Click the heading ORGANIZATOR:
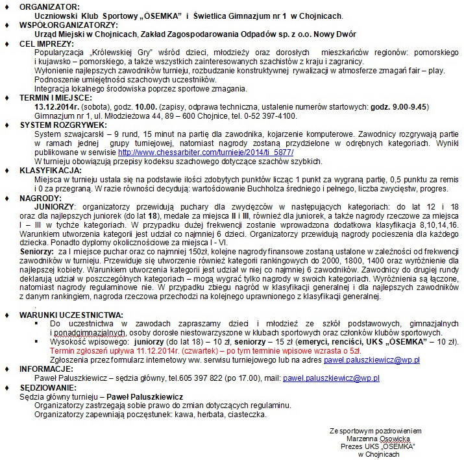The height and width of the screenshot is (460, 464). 45,6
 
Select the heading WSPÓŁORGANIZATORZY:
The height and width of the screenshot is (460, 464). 62,25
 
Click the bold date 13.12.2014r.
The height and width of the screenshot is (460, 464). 56,106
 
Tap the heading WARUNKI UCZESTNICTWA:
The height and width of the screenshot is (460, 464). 71,314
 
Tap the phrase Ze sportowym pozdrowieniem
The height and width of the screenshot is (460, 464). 375,430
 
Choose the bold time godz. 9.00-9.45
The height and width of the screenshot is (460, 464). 395,106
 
